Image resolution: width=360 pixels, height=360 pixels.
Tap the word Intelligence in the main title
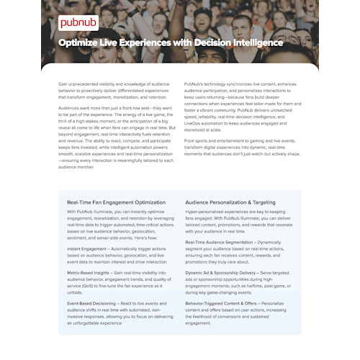pyautogui.click(x=253, y=43)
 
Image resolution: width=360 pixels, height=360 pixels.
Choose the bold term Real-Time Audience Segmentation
pyautogui.click(x=222, y=242)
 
